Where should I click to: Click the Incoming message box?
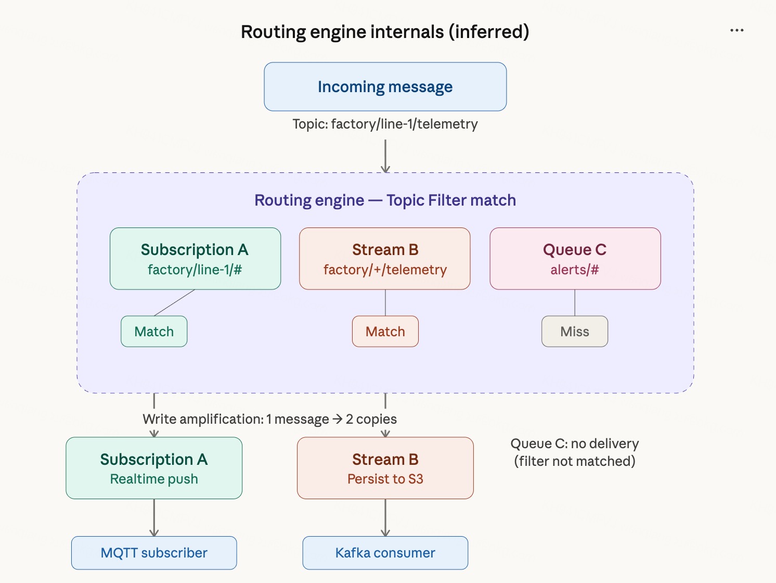point(385,86)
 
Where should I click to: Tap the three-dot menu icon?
point(736,31)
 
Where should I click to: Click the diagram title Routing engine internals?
point(385,32)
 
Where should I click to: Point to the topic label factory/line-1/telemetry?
point(385,124)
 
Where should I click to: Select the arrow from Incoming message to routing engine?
point(385,155)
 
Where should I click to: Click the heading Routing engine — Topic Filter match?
point(385,200)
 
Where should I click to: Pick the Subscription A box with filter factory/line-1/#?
point(195,259)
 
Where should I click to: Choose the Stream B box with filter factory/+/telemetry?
point(385,259)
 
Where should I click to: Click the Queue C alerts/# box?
point(575,259)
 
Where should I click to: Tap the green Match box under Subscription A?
point(154,332)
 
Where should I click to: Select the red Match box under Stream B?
point(385,332)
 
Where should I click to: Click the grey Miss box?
point(575,332)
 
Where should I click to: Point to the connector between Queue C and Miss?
point(575,302)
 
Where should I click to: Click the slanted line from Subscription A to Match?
point(174,303)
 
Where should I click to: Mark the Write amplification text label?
point(269,419)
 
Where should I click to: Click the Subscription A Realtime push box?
point(154,468)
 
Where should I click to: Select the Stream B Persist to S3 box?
point(385,468)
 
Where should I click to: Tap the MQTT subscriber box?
point(154,553)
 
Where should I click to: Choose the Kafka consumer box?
point(385,553)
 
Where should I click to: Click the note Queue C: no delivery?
point(575,452)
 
